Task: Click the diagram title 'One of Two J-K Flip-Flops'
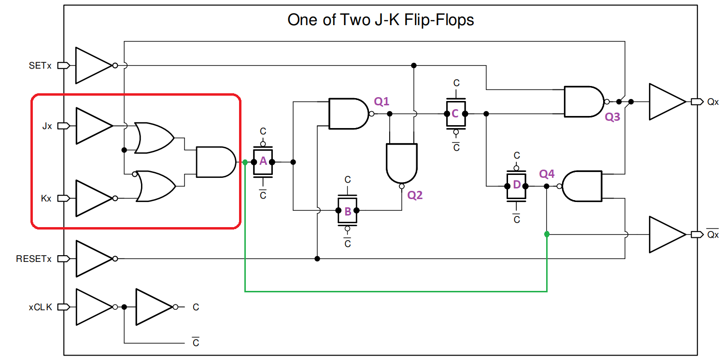pos(381,20)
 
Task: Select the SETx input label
pos(40,65)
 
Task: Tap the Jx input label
pos(47,126)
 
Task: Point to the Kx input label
pos(47,199)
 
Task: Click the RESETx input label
pos(33,259)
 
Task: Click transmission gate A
pos(263,161)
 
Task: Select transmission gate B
pos(347,210)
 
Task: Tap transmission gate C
pos(455,114)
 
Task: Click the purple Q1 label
pos(381,101)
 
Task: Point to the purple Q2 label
pos(415,195)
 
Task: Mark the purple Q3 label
pos(612,117)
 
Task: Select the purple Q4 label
pos(547,173)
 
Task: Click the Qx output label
pos(713,102)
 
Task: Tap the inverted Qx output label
pos(713,234)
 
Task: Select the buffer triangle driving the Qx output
pos(665,102)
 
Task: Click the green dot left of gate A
pos(245,162)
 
